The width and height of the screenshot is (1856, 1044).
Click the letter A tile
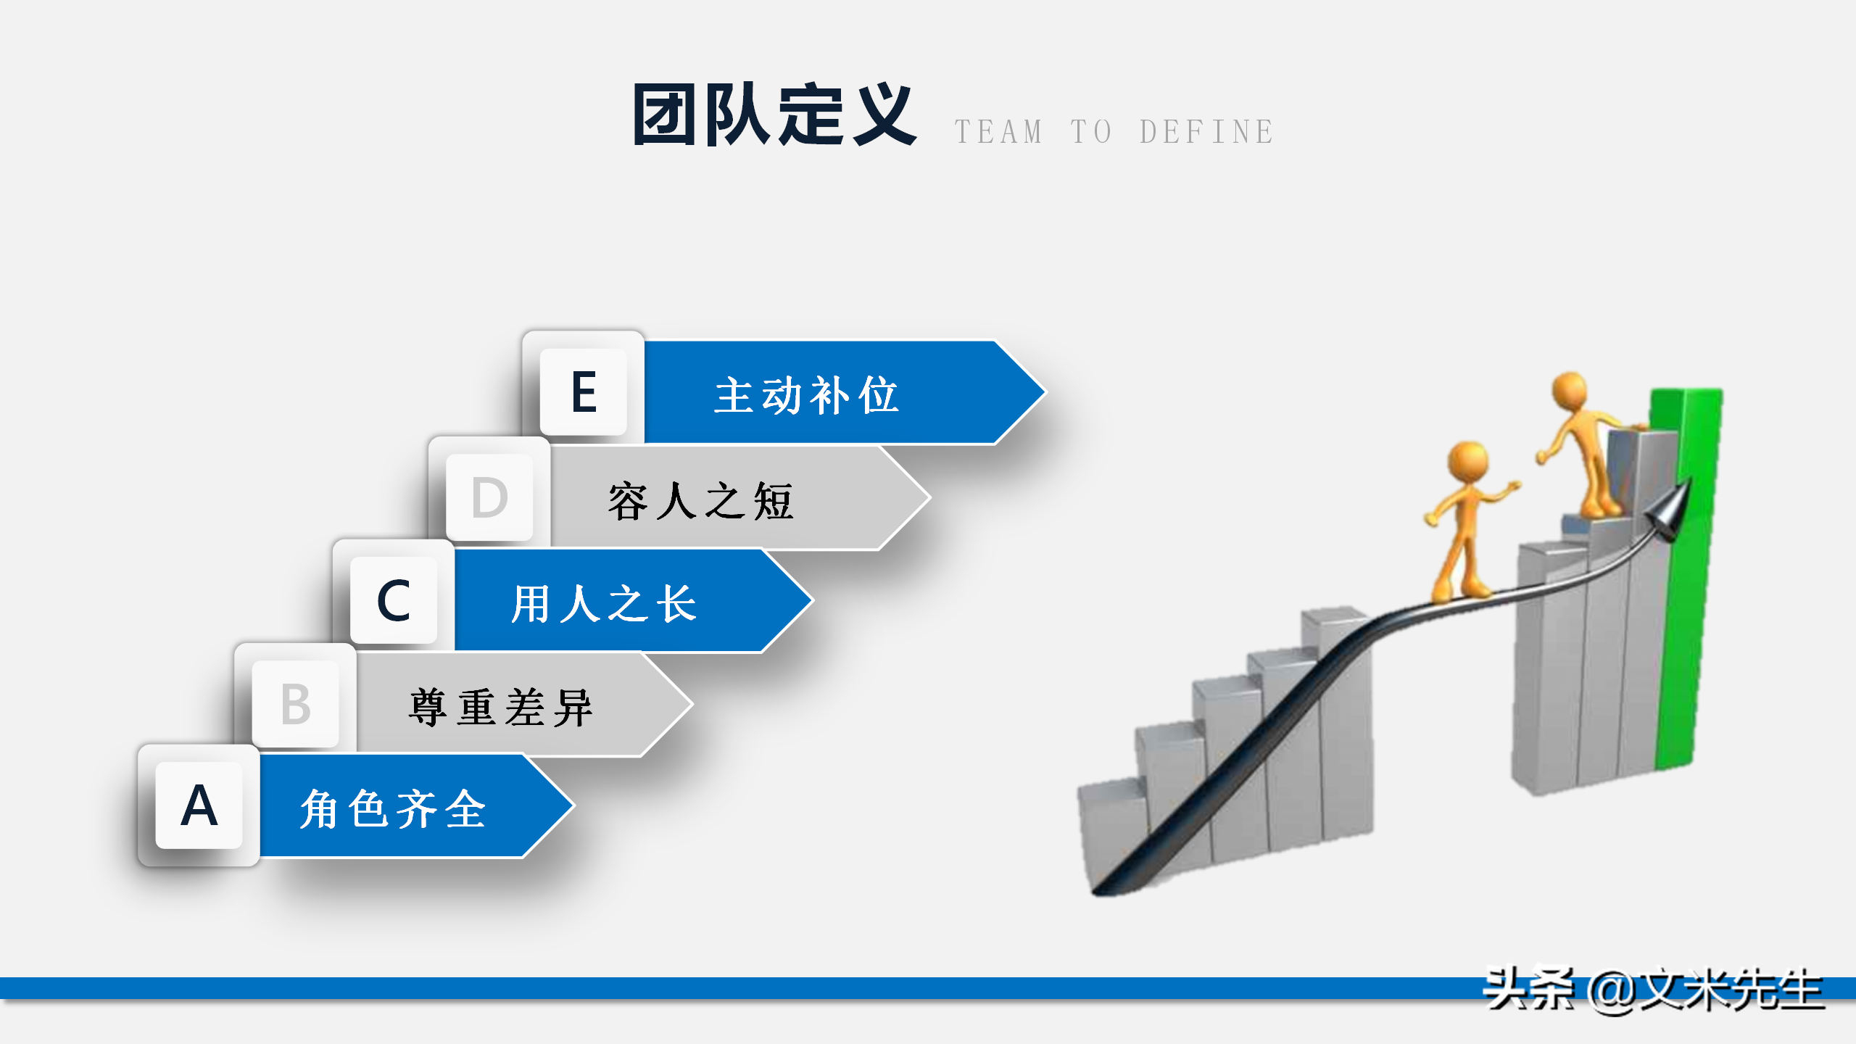(x=199, y=805)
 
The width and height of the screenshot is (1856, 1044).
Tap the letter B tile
(x=296, y=704)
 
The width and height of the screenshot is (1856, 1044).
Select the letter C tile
(x=394, y=600)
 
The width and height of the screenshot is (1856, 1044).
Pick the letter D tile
(x=489, y=498)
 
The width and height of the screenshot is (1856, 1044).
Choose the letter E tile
(x=584, y=392)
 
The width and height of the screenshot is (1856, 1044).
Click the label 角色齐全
(x=393, y=808)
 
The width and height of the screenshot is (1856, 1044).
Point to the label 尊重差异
(x=500, y=708)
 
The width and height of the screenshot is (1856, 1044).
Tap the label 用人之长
(x=604, y=604)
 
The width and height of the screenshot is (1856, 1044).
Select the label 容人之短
(x=700, y=501)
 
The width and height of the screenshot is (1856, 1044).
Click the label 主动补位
(x=806, y=396)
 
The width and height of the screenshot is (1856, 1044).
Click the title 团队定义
(x=774, y=115)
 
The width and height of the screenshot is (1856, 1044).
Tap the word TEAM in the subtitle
(x=998, y=132)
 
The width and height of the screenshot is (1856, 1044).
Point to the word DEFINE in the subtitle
(x=1206, y=132)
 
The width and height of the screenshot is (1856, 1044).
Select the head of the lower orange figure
(x=1468, y=460)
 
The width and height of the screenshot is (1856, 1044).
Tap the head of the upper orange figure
(x=1570, y=391)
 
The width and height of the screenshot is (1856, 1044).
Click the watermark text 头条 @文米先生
(x=1653, y=989)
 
